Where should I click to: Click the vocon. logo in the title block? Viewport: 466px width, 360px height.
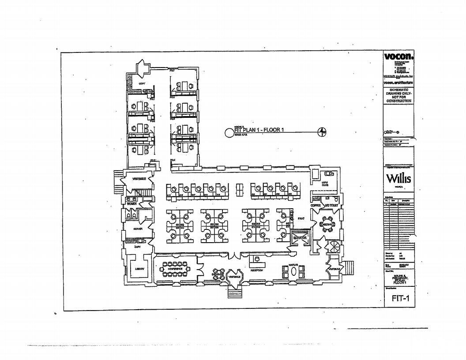pos(398,57)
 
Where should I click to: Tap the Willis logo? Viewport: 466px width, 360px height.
pos(398,179)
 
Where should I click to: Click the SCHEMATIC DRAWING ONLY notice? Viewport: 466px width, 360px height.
pos(398,95)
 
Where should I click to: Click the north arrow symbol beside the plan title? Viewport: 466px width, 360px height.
pos(323,131)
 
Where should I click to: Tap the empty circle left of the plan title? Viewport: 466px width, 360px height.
pos(229,132)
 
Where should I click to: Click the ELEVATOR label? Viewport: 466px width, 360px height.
pos(300,237)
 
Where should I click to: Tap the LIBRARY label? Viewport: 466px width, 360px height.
pos(140,269)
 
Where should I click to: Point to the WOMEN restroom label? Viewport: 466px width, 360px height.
pos(132,204)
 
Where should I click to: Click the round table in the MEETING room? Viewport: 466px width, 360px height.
pos(327,224)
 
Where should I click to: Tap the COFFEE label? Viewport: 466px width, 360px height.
pos(315,205)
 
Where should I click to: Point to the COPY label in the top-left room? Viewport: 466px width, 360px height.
pos(142,83)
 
